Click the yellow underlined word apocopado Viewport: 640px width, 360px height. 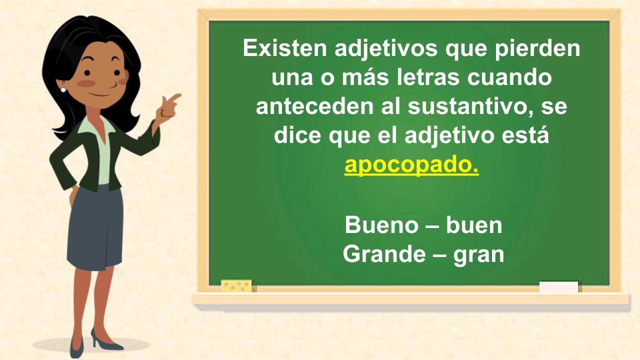(411, 165)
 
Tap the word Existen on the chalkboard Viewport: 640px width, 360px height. (285, 48)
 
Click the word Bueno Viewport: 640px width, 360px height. (381, 225)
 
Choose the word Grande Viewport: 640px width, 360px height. (384, 254)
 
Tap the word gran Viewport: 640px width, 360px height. (478, 255)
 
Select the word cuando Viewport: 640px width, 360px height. (509, 77)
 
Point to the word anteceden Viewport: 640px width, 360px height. (315, 106)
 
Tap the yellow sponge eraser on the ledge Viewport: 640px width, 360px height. (236, 286)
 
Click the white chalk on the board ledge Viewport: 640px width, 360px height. (558, 287)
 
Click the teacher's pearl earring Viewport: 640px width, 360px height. (63, 90)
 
